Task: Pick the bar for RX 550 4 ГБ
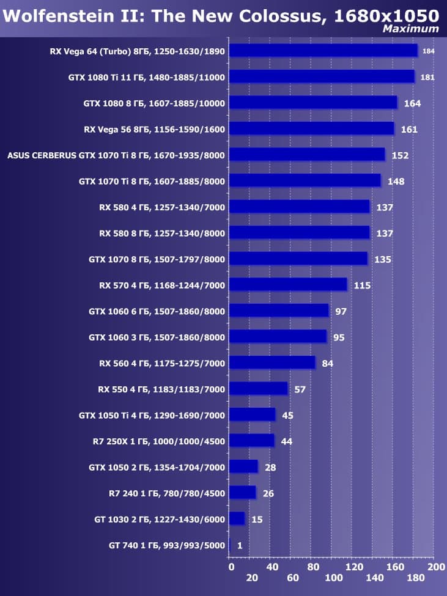tap(258, 389)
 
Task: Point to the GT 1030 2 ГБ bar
tap(237, 519)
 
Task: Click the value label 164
tap(412, 103)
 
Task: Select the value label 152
tap(400, 155)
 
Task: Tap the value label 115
tap(362, 285)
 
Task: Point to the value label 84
tap(327, 363)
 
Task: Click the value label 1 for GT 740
tap(240, 545)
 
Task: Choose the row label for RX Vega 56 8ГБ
tap(154, 129)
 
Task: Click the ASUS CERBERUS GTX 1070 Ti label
tap(116, 155)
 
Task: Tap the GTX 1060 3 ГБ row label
tap(157, 337)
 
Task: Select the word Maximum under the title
tap(410, 29)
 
